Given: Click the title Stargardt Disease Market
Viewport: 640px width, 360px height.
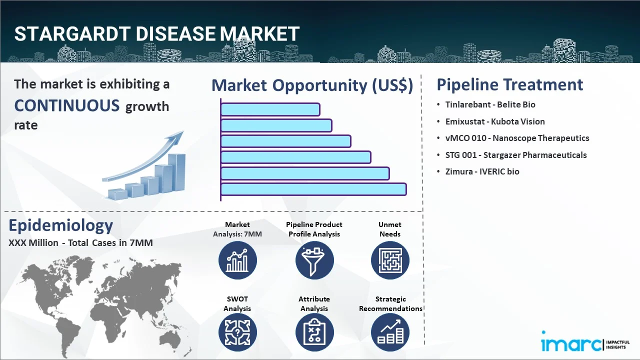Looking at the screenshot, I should point(156,34).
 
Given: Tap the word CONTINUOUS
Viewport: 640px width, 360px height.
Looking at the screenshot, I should point(66,105).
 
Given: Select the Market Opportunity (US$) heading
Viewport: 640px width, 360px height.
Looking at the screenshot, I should point(312,85).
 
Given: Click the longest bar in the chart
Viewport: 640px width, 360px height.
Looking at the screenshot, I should point(313,189).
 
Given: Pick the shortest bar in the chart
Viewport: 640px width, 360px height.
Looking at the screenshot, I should point(270,109).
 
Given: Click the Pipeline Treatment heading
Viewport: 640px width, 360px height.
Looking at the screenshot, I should point(509,84).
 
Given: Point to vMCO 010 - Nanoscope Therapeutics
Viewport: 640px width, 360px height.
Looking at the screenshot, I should point(517,138).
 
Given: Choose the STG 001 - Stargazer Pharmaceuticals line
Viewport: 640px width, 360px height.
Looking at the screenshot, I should point(516,155).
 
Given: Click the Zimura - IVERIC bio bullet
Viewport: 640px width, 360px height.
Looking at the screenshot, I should point(482,171).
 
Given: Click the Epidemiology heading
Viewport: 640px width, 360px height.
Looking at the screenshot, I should point(60,225).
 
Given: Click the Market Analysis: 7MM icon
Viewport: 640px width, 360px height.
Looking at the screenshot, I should point(237,260).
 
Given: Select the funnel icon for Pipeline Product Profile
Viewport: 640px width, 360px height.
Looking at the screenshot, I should point(314,260).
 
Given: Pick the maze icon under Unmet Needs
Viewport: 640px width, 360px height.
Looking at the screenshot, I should point(390,260).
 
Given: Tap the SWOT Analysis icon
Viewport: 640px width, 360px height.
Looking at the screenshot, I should point(237,332).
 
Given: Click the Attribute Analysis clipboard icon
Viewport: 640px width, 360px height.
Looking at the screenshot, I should point(314,332).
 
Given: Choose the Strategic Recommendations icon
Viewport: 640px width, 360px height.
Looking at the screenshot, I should point(390,332).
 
